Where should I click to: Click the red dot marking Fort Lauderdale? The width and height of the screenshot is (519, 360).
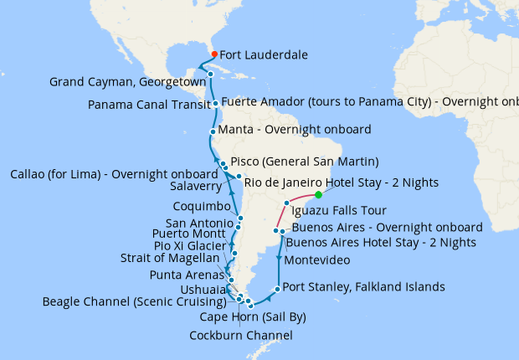(214, 55)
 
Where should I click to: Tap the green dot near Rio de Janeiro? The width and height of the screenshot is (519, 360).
(319, 195)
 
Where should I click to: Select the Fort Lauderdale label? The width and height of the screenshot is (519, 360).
(264, 55)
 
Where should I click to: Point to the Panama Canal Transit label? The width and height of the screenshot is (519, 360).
(147, 105)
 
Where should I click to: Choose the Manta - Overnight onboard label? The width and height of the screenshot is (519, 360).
(294, 131)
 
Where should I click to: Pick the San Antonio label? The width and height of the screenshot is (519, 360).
(199, 224)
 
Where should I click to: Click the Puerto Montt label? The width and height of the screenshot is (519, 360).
(190, 234)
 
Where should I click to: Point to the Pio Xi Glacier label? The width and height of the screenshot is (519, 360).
(189, 246)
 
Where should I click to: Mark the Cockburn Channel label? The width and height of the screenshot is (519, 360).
(242, 335)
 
